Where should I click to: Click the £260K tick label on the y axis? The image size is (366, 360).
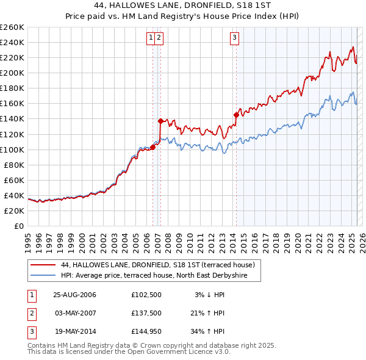(12, 27)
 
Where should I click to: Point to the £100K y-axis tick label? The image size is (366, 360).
(12, 149)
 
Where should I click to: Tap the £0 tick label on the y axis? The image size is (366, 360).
(18, 226)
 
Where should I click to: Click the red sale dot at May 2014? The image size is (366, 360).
(236, 115)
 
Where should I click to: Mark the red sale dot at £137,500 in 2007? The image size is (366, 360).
(160, 121)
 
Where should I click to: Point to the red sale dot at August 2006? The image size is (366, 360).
(153, 147)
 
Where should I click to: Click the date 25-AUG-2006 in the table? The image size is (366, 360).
(74, 295)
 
